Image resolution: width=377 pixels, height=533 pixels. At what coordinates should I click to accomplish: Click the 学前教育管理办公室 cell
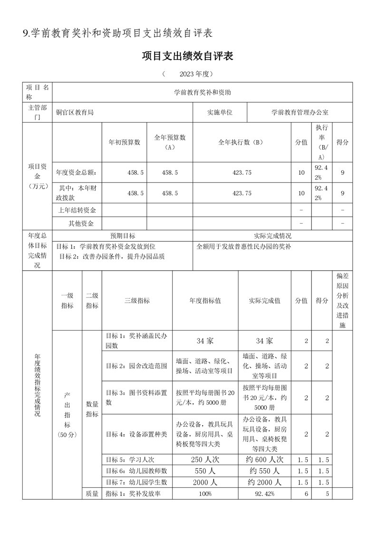pyautogui.click(x=300, y=113)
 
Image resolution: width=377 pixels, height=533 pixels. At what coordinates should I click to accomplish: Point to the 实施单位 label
pyautogui.click(x=220, y=113)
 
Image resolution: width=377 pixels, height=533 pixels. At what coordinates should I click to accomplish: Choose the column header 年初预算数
pyautogui.click(x=125, y=142)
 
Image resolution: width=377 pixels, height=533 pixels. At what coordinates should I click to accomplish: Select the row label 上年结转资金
pyautogui.click(x=77, y=210)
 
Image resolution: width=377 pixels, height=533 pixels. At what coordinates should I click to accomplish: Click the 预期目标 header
pyautogui.click(x=123, y=236)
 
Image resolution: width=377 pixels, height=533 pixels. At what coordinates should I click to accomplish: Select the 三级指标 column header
pyautogui.click(x=136, y=301)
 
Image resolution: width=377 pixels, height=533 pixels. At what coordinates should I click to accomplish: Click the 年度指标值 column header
pyautogui.click(x=205, y=301)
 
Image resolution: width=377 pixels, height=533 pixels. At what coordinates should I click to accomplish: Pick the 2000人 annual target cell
pyautogui.click(x=205, y=482)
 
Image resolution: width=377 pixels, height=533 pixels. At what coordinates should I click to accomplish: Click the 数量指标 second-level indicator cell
pyautogui.click(x=92, y=409)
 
